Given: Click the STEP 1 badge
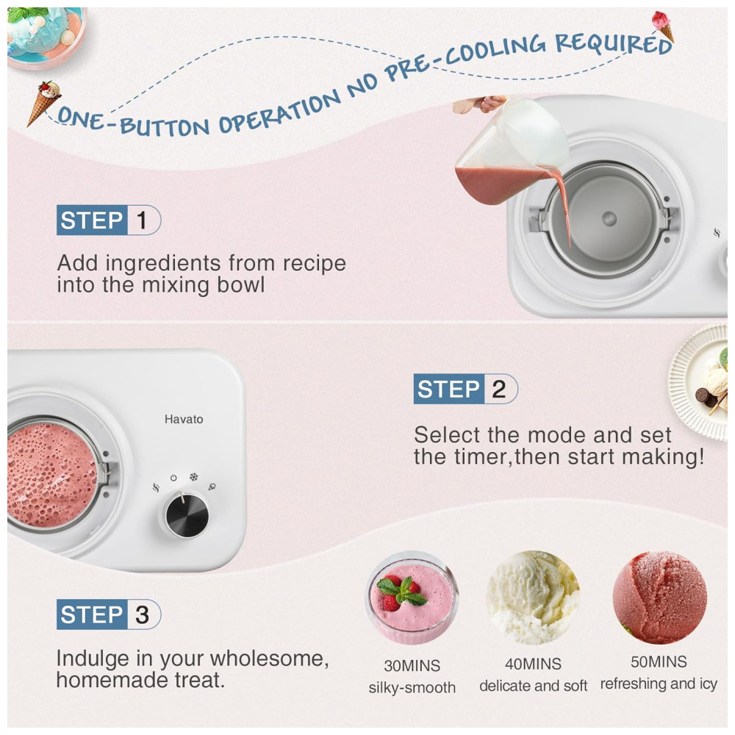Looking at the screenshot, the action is point(109,220).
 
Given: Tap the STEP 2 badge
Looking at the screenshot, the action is point(465,389).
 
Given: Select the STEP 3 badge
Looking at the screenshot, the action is point(109,614).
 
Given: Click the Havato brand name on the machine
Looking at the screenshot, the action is point(184,419).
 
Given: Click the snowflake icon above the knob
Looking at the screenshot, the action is point(193,477).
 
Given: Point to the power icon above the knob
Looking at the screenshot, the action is point(173,478).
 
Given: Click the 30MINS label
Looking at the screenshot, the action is point(412,666).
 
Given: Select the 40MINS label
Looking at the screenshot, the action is point(533,664).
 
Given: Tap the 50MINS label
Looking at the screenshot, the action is point(659,661).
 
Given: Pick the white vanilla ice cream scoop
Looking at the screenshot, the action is point(533,598).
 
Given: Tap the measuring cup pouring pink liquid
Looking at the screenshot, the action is point(511,152).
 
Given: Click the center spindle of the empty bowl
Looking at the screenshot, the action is point(609,218).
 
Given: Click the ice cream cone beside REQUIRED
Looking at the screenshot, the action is point(663,26).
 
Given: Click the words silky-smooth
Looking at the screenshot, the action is point(412,687).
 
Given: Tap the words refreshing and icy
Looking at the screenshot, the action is point(659,684).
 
